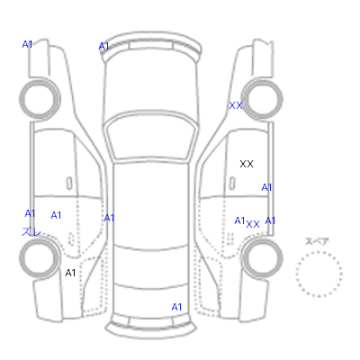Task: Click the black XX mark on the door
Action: pos(247,164)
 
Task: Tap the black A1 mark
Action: pos(70,273)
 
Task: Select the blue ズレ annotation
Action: pos(31,231)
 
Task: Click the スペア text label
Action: pos(317,241)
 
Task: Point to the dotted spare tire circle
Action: pos(319,252)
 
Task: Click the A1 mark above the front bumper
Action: pos(103,47)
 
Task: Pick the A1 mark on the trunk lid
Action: pos(176,307)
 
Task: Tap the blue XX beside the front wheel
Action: pos(236,105)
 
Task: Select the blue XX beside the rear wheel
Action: pos(253,224)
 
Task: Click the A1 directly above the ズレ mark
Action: pos(30,213)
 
